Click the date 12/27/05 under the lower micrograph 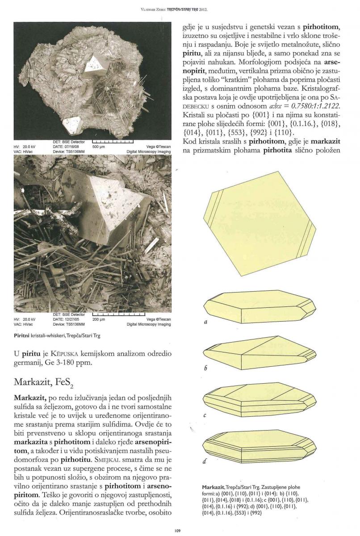(65, 320)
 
